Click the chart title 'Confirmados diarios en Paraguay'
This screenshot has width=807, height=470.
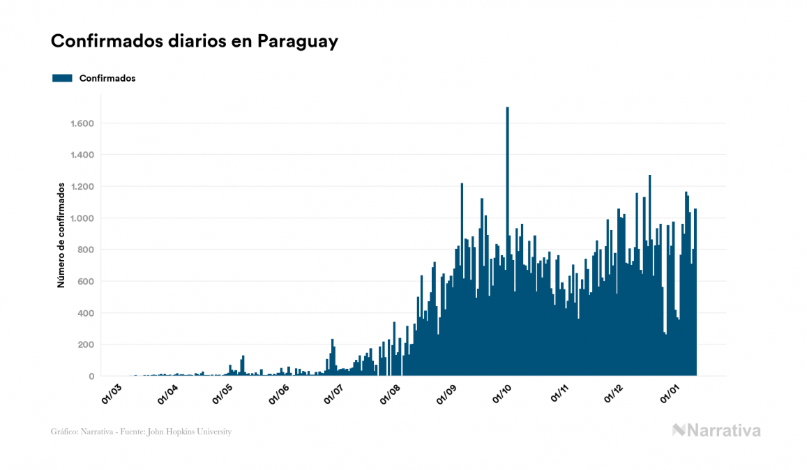(195, 42)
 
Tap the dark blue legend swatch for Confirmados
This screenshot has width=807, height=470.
(62, 78)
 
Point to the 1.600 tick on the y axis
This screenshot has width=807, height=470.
(82, 123)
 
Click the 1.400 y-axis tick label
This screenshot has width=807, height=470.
(82, 155)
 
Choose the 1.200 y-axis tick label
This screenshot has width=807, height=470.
(82, 187)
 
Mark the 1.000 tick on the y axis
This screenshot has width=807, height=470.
(82, 218)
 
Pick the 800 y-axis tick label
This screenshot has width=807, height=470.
(86, 250)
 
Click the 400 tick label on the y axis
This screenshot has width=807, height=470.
(86, 313)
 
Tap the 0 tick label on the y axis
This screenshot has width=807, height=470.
(91, 377)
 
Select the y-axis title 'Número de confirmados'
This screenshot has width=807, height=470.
(61, 236)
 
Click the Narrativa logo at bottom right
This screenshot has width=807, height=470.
(716, 430)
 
